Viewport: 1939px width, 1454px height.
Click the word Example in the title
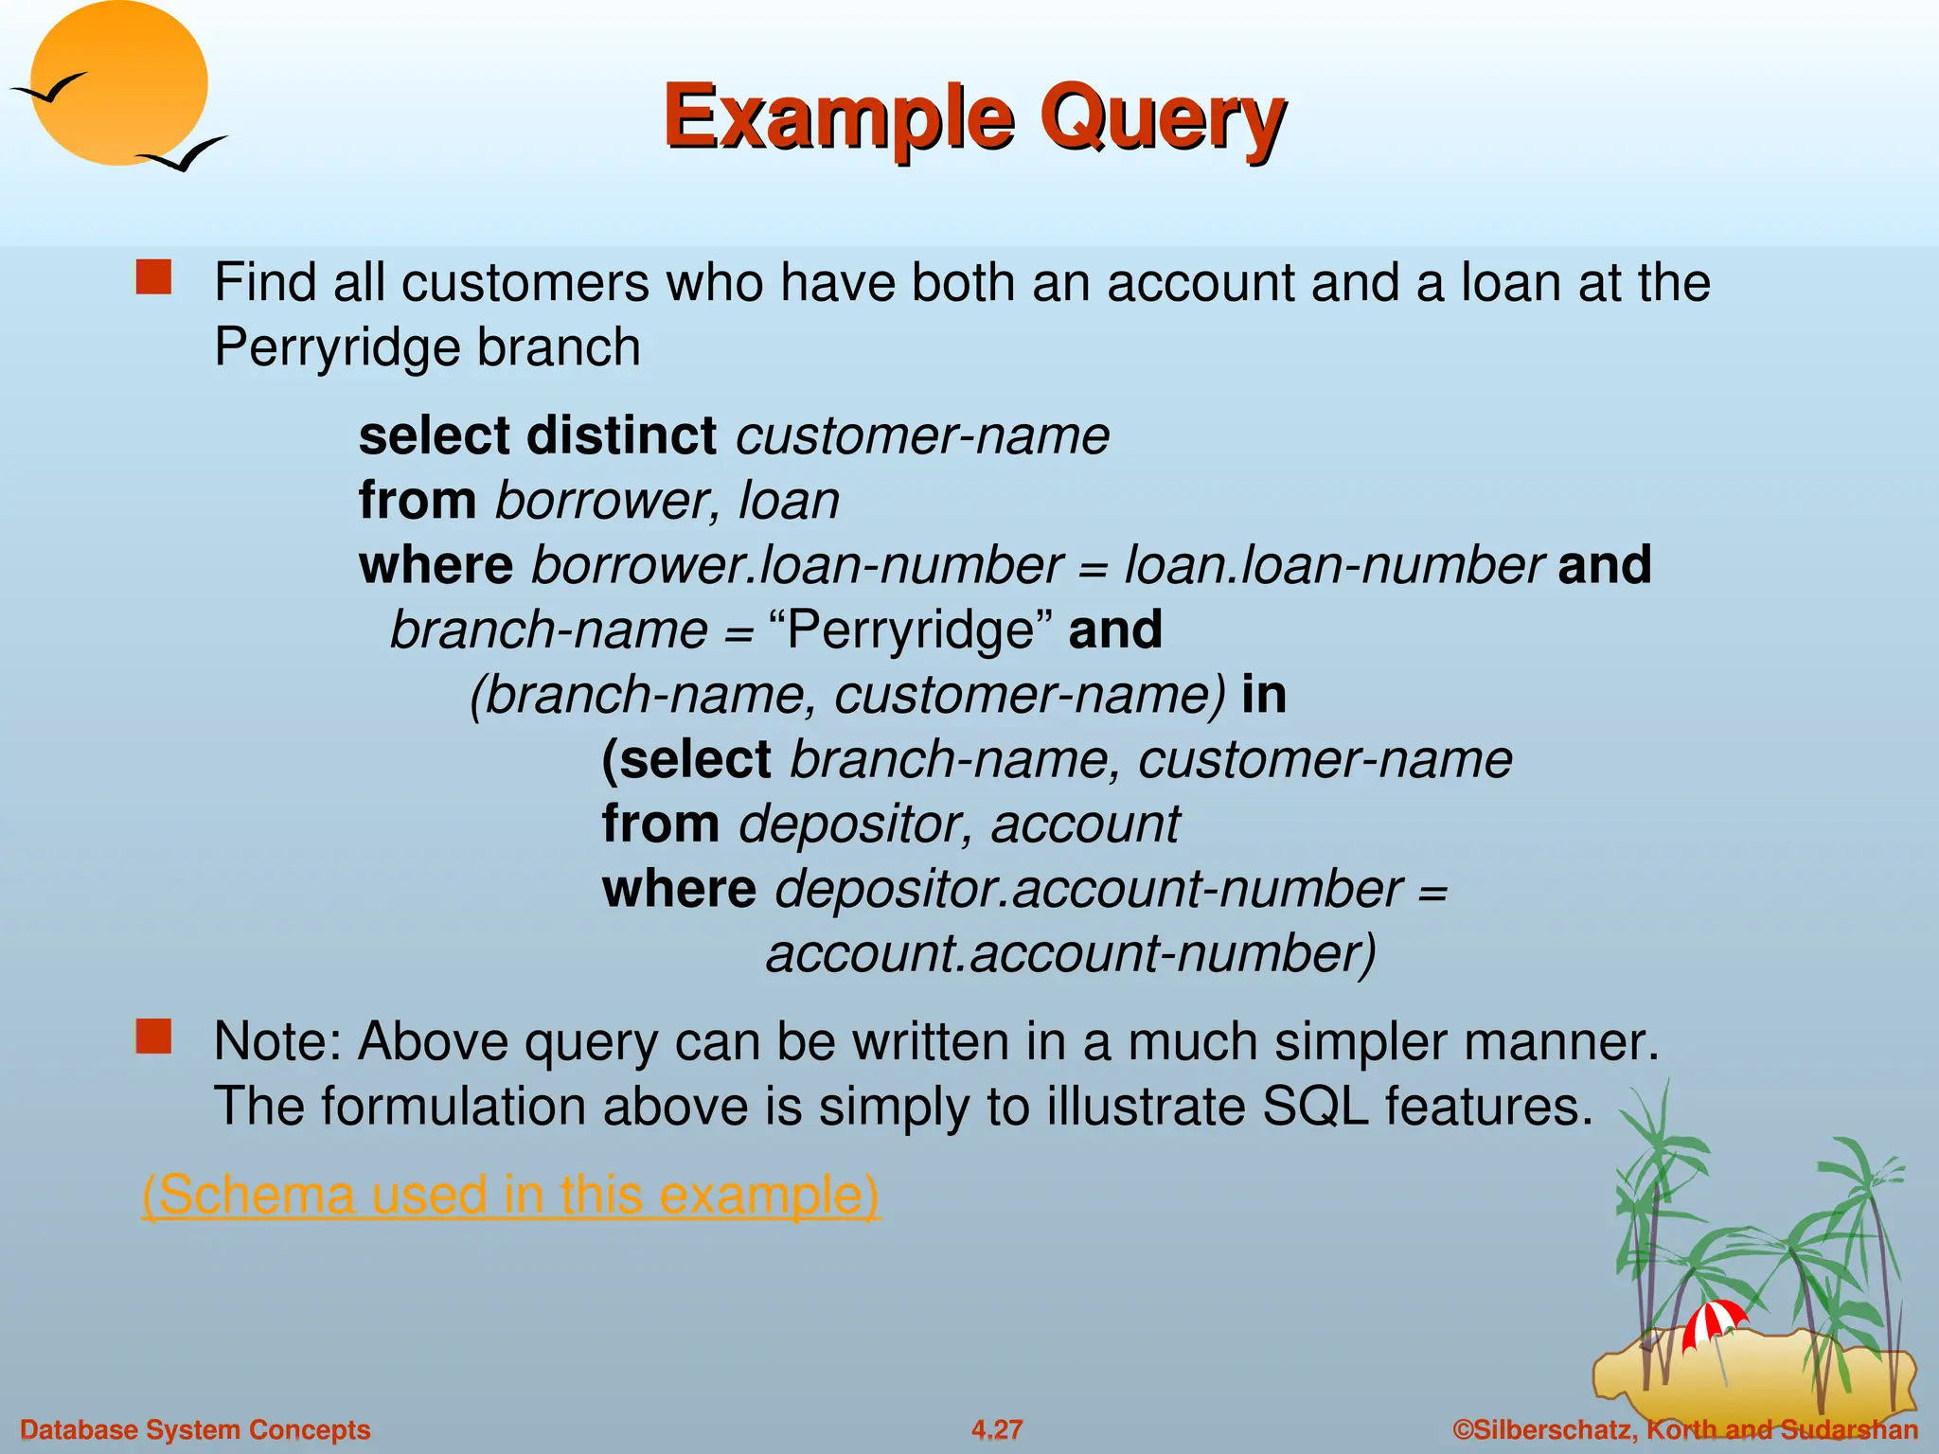pyautogui.click(x=839, y=118)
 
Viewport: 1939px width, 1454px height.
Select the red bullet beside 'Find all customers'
pyautogui.click(x=153, y=278)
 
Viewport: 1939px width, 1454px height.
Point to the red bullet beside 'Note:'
pyautogui.click(x=153, y=1037)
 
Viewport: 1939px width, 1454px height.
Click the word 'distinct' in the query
pyautogui.click(x=621, y=436)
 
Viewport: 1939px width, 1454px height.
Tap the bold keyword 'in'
pyautogui.click(x=1264, y=695)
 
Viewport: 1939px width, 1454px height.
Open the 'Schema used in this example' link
pyautogui.click(x=510, y=1195)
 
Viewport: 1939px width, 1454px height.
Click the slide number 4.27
pyautogui.click(x=997, y=1429)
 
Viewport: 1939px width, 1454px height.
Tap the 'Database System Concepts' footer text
pyautogui.click(x=195, y=1429)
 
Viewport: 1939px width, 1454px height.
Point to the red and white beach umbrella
pyautogui.click(x=1714, y=1321)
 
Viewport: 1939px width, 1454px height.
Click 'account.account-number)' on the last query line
pyautogui.click(x=1071, y=954)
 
